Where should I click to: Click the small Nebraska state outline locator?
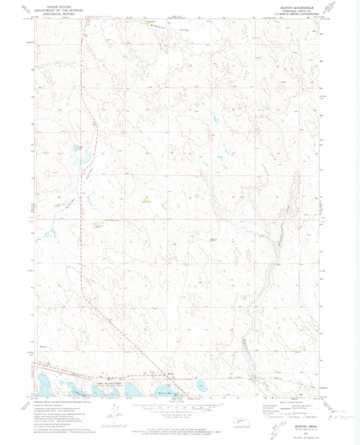pos(238,423)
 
